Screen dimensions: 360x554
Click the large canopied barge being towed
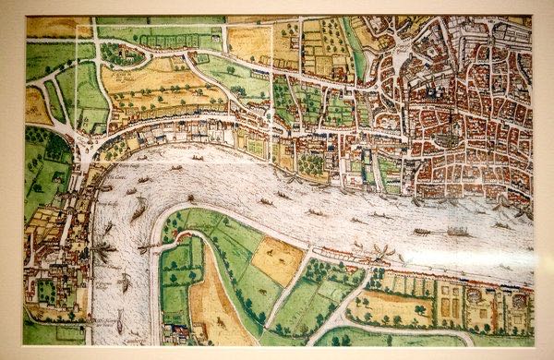[x=458, y=231]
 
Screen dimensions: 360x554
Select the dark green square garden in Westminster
[x=44, y=291]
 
